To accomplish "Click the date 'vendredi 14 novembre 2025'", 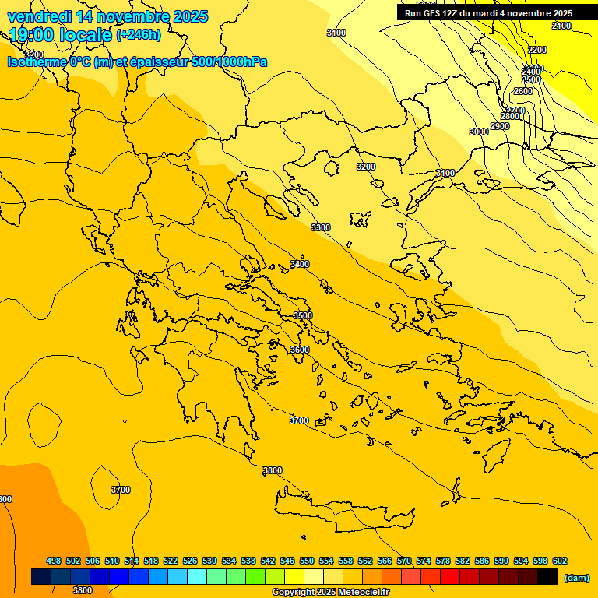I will (x=107, y=16).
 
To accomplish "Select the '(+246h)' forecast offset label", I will (x=139, y=35).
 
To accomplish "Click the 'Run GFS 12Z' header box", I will (x=488, y=13).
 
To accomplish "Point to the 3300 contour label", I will (x=321, y=227).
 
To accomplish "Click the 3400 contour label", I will (x=300, y=264).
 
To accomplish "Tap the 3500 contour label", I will (x=303, y=315).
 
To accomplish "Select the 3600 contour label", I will (x=300, y=350).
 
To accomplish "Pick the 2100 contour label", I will (x=561, y=26).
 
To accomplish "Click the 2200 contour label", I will (x=537, y=50).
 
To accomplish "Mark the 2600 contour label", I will (x=523, y=91).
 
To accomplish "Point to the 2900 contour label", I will (x=500, y=126).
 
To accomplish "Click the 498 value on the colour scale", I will (x=54, y=561).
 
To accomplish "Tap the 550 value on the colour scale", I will (x=307, y=561).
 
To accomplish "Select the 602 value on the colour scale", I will (x=560, y=561).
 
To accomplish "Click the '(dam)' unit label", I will (x=577, y=577).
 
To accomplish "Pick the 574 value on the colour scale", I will (x=424, y=561).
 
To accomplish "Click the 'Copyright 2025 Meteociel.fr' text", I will (x=331, y=592).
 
